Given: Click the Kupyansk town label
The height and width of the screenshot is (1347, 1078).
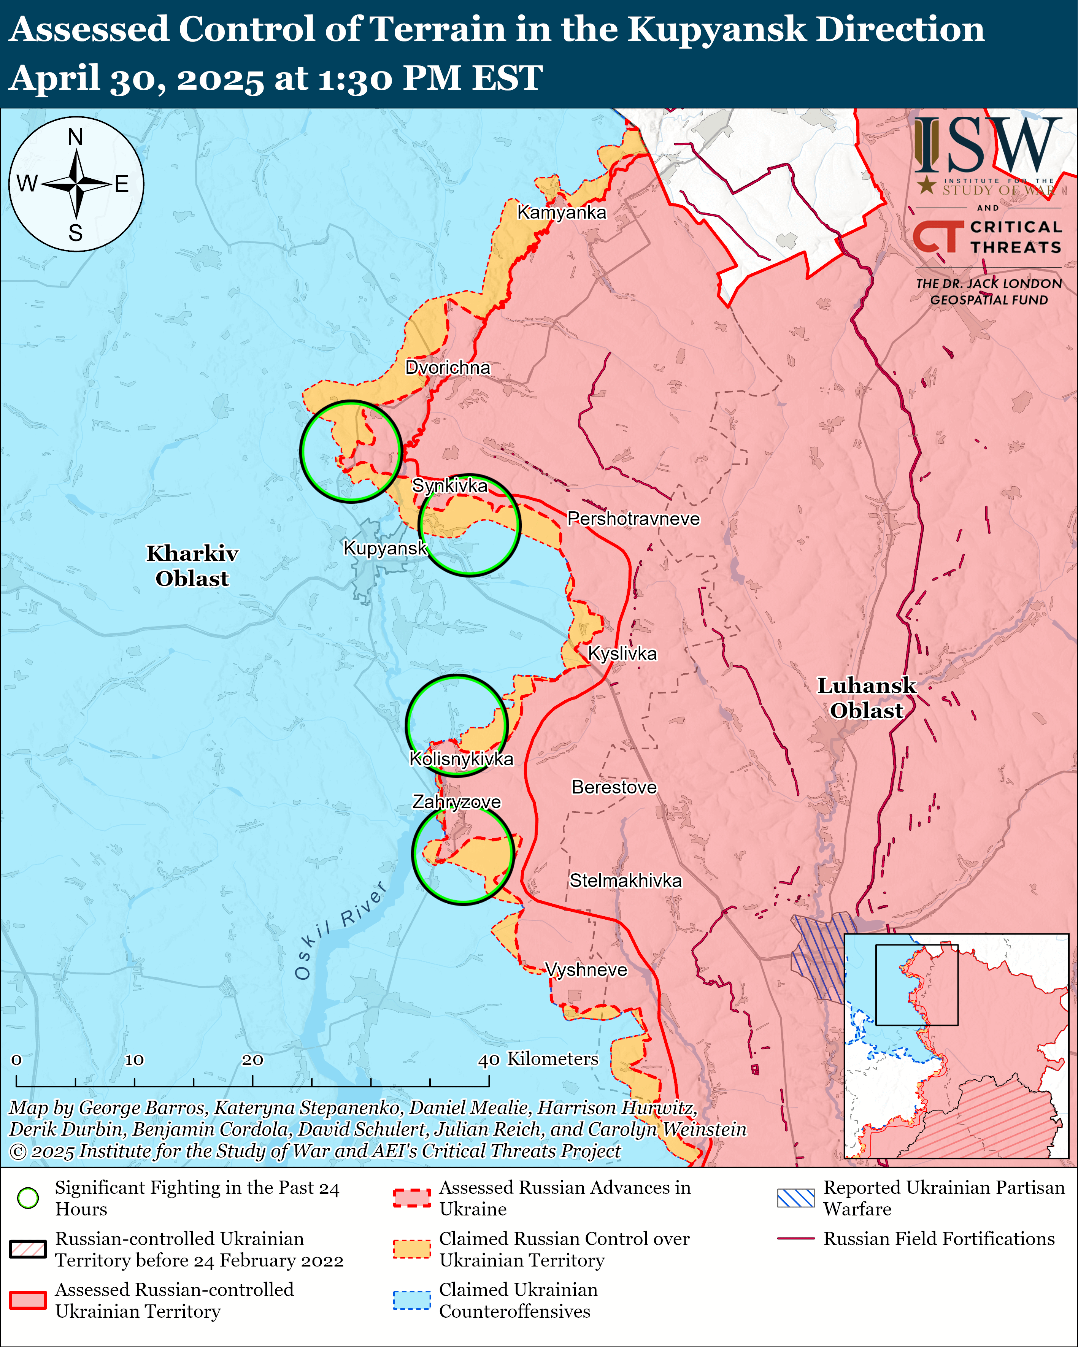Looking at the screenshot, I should pyautogui.click(x=385, y=548).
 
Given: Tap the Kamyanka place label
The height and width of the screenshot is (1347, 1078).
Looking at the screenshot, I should pyautogui.click(x=561, y=213).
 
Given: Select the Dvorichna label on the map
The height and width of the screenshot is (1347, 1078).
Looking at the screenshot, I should pyautogui.click(x=448, y=367).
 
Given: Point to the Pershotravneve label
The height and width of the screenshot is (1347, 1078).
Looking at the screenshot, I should pyautogui.click(x=633, y=519).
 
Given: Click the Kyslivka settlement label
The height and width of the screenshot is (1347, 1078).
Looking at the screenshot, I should pyautogui.click(x=622, y=654).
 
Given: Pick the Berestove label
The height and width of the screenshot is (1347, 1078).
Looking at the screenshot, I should pyautogui.click(x=614, y=787).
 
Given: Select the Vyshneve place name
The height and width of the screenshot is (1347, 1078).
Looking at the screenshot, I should pyautogui.click(x=586, y=969).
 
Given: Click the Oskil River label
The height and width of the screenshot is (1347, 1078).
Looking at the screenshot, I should pyautogui.click(x=341, y=931).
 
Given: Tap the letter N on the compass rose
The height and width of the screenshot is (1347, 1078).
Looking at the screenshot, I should pyautogui.click(x=76, y=137).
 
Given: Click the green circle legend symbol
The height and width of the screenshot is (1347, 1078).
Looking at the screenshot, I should pyautogui.click(x=28, y=1198).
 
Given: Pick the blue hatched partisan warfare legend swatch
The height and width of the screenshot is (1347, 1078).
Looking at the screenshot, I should pyautogui.click(x=795, y=1198).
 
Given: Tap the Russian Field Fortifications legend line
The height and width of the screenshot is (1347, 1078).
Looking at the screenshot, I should pyautogui.click(x=795, y=1238).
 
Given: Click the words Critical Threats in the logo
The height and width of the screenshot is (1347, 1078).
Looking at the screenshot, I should pyautogui.click(x=1016, y=237).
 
